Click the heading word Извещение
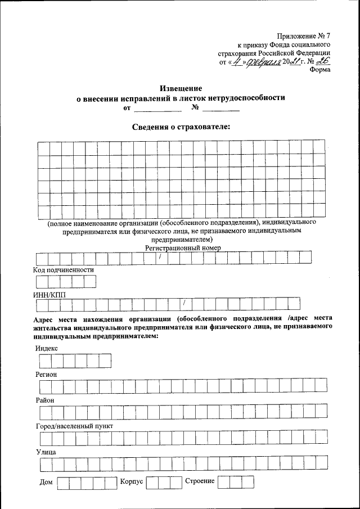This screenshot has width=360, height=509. point(181,88)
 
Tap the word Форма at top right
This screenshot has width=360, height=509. point(319,70)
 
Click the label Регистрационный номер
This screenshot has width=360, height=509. point(183,247)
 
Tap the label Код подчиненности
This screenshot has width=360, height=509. point(64,269)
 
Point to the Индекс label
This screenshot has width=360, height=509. point(46,348)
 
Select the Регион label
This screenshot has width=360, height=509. point(46,374)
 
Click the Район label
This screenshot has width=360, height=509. point(44,400)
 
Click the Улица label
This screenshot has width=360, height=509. point(45,452)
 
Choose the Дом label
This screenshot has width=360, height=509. point(46,483)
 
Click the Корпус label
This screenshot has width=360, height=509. point(132,482)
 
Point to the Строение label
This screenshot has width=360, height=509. point(199,482)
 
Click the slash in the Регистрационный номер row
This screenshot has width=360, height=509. point(160,258)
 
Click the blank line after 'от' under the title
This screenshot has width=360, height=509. point(157,109)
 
